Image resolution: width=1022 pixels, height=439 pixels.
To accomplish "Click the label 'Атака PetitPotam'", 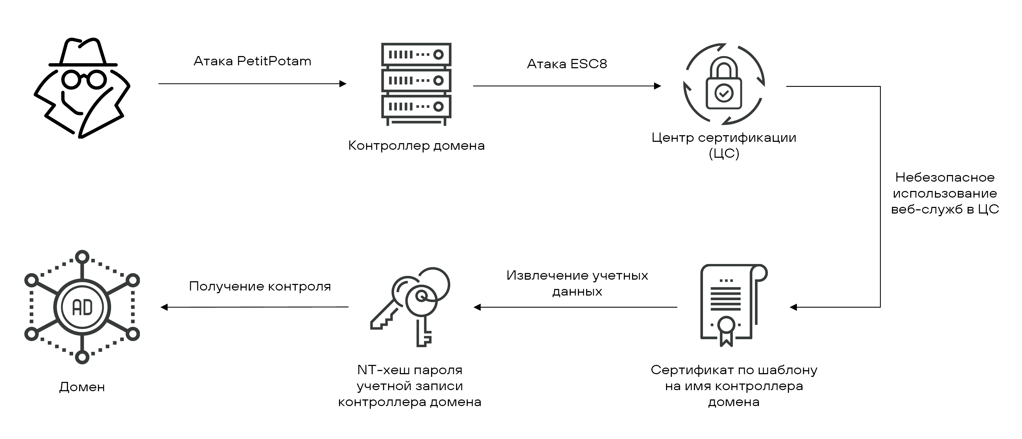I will coord(252,61).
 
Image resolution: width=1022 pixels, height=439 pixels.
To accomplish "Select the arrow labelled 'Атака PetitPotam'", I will coord(252,84).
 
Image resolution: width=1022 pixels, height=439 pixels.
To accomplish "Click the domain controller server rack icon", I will coord(416,84).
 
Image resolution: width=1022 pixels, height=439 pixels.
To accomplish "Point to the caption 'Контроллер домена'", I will coord(416,146).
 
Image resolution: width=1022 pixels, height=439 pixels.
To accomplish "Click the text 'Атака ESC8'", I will coord(567,64).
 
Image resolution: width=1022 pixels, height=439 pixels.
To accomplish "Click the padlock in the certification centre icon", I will coord(724,85).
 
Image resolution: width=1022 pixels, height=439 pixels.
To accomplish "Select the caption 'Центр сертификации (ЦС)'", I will coord(724,145).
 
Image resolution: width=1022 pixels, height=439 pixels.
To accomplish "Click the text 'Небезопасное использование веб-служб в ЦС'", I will coord(945,193).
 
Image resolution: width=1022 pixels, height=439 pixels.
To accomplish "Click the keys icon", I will coord(411,306).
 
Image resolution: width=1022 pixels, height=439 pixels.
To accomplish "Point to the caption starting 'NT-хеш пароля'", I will coord(409,386).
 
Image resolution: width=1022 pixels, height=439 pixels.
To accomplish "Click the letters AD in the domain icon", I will coord(82,308).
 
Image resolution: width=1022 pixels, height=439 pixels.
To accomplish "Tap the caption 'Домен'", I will coord(82,387).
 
